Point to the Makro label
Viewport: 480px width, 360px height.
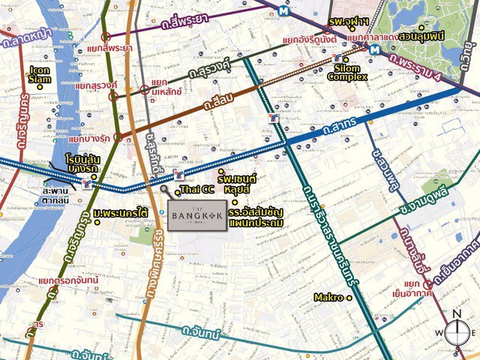[x=328, y=298]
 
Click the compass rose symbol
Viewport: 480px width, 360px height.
[x=457, y=331]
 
